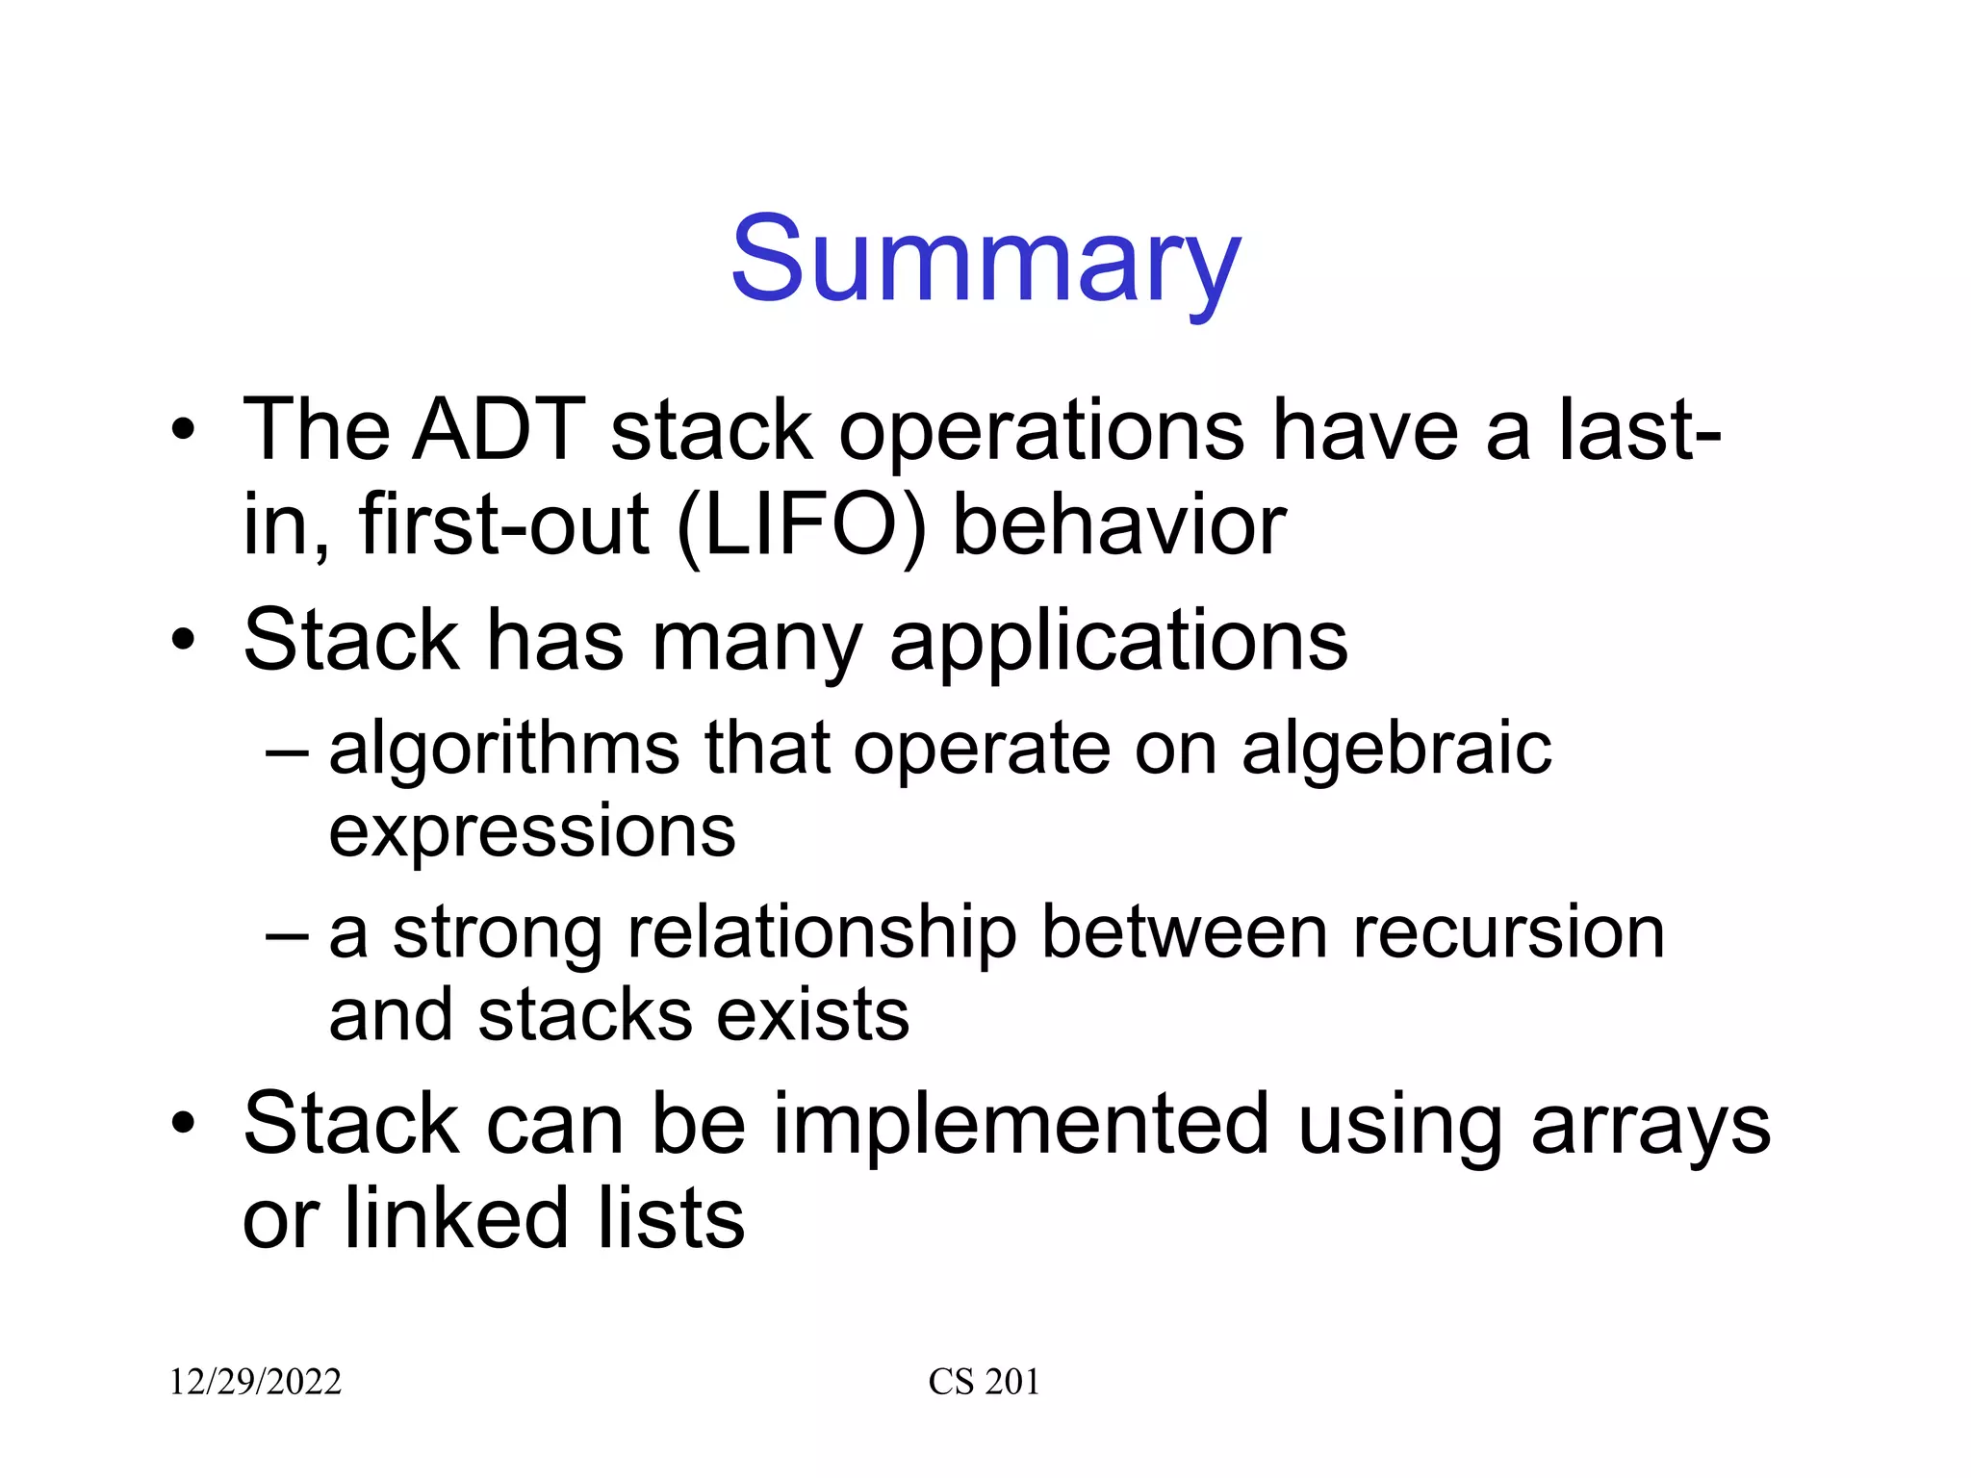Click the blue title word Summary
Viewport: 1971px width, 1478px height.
coord(985,260)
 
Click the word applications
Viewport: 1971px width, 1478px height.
coord(1118,643)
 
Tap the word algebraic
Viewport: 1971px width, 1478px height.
coord(1395,749)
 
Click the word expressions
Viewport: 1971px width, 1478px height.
coord(532,831)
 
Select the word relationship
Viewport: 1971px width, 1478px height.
coord(822,933)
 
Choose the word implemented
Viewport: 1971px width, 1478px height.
coord(1021,1124)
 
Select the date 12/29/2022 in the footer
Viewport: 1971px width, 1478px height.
coord(255,1382)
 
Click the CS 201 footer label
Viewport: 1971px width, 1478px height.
coord(984,1382)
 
